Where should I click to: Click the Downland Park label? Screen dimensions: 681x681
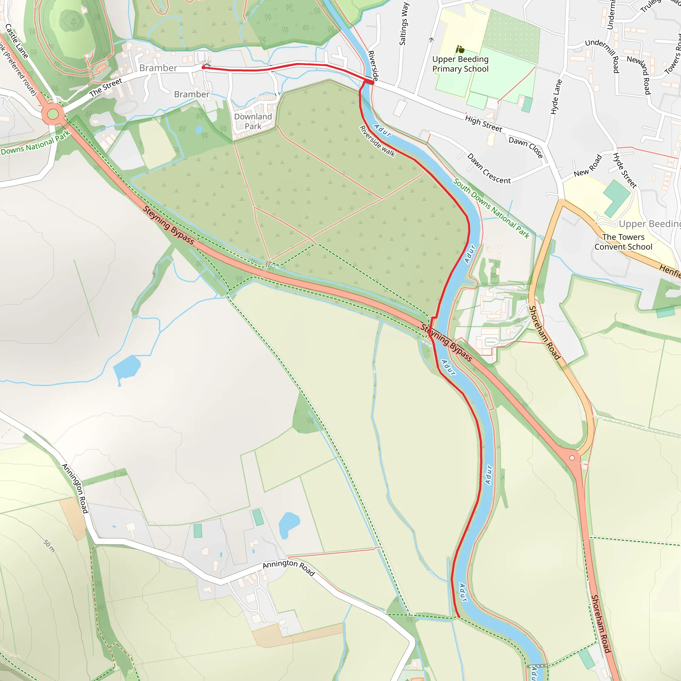click(253, 121)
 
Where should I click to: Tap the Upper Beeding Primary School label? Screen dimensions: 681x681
click(460, 64)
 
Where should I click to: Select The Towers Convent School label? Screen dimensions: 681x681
click(623, 242)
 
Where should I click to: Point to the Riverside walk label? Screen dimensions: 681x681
click(377, 141)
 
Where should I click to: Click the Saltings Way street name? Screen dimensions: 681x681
click(404, 24)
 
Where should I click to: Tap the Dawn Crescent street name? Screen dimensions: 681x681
click(489, 169)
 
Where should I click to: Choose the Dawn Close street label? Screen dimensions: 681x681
click(526, 147)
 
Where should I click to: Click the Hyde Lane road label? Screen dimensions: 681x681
click(556, 97)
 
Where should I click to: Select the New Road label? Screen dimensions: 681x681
click(588, 166)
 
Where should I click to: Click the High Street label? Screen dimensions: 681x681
click(483, 124)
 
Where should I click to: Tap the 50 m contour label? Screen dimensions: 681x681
click(49, 546)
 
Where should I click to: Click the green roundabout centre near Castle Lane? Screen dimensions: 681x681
click(53, 114)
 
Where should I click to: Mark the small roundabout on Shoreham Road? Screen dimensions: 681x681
click(572, 458)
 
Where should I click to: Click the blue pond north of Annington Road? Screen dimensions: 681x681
click(289, 525)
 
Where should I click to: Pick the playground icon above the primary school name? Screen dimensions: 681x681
click(460, 49)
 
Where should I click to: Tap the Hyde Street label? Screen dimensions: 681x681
click(624, 170)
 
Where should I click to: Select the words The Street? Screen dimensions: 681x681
click(106, 87)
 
